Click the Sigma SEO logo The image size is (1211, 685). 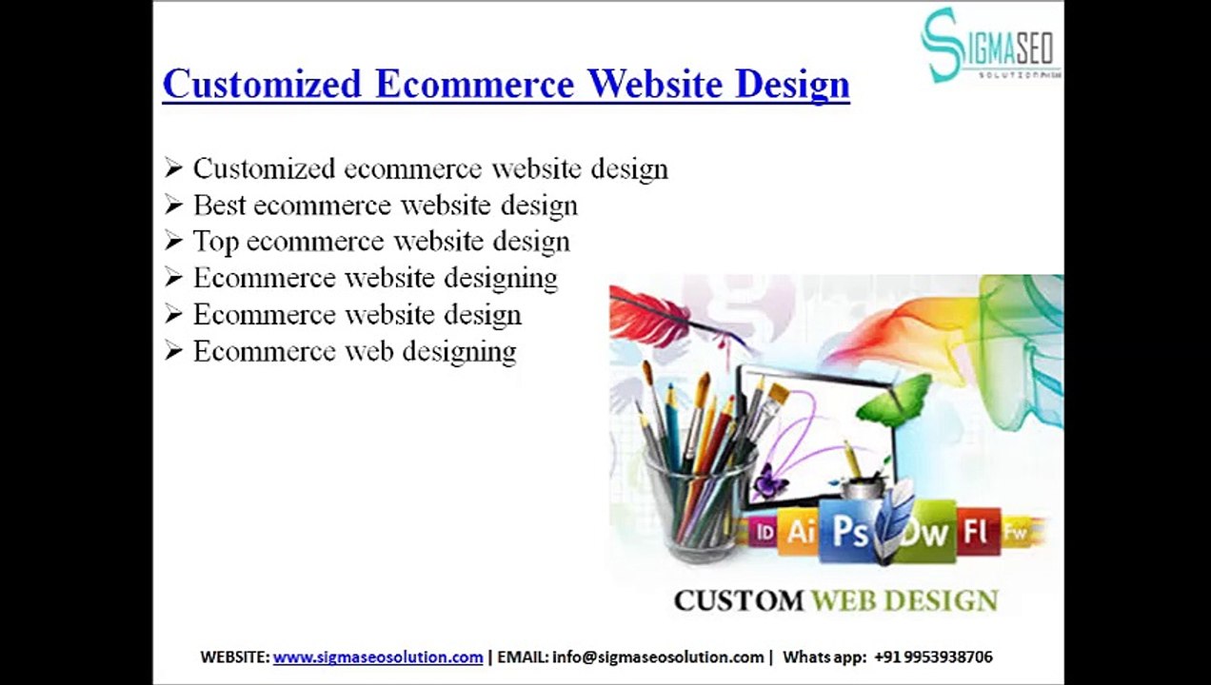click(989, 46)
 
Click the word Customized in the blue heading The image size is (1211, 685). click(262, 84)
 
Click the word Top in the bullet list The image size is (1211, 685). click(215, 242)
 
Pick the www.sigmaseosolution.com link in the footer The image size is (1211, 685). click(378, 657)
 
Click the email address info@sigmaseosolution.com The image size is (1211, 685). click(658, 657)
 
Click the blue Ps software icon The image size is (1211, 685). click(850, 531)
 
